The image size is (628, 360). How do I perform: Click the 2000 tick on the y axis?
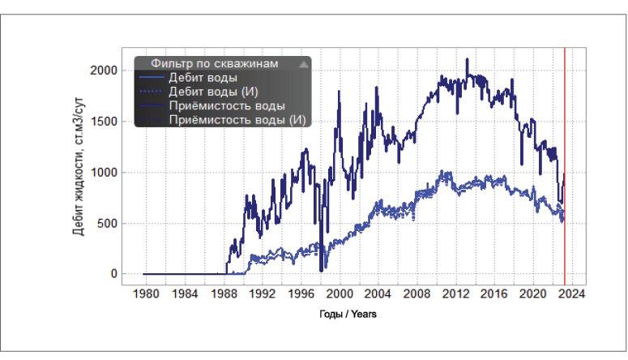pyautogui.click(x=102, y=71)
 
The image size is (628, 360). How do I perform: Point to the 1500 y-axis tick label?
pyautogui.click(x=102, y=122)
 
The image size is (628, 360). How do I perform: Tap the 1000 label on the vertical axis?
pyautogui.click(x=102, y=173)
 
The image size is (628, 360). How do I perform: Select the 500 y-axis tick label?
pyautogui.click(x=107, y=224)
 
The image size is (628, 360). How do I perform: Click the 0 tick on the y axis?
pyautogui.click(x=113, y=274)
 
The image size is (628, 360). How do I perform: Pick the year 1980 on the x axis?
pyautogui.click(x=145, y=292)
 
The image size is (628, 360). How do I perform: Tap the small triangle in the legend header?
pyautogui.click(x=302, y=63)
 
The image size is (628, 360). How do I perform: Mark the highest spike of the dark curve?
pyautogui.click(x=467, y=59)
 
